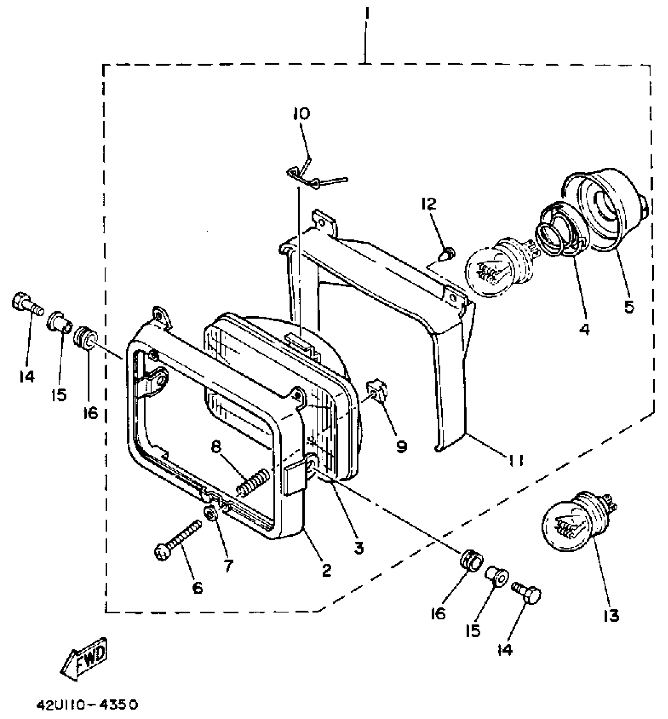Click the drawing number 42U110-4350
tap(87, 704)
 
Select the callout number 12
tap(429, 204)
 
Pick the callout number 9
tap(401, 446)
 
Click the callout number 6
tap(197, 588)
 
